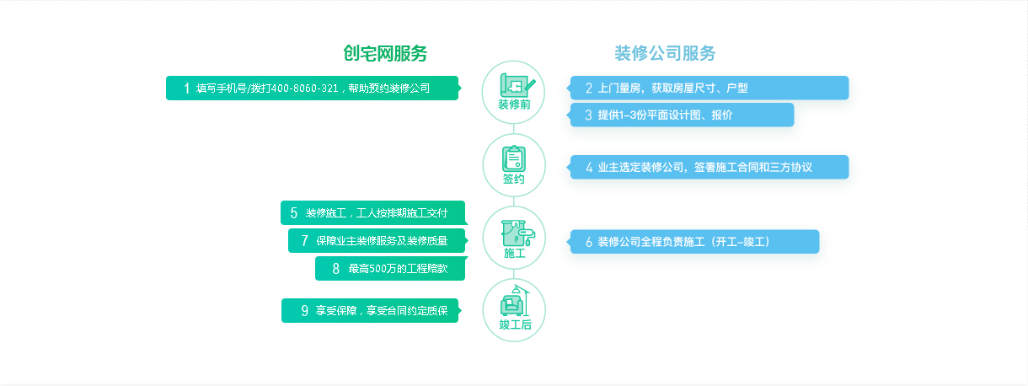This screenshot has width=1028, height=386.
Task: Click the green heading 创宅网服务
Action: (x=385, y=53)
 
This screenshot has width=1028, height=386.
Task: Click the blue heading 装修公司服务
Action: (x=665, y=53)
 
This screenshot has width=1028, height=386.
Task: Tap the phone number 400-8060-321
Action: (x=305, y=88)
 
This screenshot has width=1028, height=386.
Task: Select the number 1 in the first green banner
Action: (x=186, y=88)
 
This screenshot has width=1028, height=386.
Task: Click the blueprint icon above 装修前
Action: (x=517, y=85)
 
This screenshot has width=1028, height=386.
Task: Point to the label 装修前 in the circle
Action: (x=514, y=105)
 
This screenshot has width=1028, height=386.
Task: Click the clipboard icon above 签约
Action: (x=514, y=158)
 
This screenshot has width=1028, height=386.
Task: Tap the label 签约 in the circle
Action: (x=514, y=179)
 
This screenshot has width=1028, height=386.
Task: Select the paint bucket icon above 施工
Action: (x=517, y=233)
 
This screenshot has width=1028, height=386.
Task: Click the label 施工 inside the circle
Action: (x=514, y=253)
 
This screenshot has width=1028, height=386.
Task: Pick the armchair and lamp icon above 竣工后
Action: (x=515, y=301)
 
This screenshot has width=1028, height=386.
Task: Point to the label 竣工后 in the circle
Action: (x=515, y=324)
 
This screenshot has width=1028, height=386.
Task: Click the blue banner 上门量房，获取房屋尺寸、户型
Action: (x=709, y=88)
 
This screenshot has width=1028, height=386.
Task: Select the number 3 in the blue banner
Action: (x=588, y=115)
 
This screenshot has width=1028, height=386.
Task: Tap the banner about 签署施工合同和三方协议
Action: (x=709, y=167)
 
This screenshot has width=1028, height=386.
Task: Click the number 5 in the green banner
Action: (x=294, y=213)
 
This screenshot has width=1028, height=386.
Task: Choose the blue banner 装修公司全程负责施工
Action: (x=694, y=241)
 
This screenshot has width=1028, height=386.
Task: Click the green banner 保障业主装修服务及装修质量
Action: (x=377, y=240)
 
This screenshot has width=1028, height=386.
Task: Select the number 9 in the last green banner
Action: (x=305, y=311)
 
